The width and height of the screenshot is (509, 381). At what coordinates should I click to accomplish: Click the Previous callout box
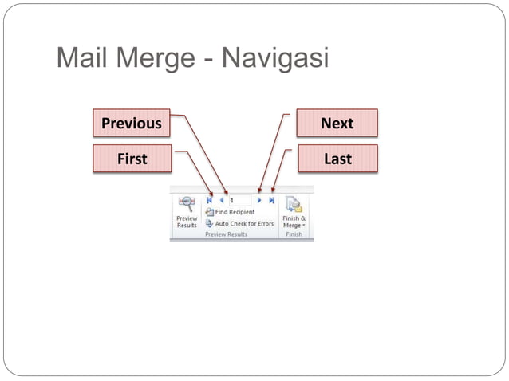[x=131, y=124]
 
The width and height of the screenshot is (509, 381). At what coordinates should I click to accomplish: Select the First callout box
[x=132, y=159]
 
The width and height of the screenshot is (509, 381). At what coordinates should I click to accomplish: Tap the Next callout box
[x=337, y=124]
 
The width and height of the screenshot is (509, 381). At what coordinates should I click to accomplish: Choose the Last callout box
[x=337, y=159]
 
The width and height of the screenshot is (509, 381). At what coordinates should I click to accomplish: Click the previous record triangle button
[x=221, y=201]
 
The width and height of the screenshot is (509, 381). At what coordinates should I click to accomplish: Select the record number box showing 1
[x=239, y=201]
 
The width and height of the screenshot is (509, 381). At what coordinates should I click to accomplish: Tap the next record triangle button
[x=259, y=201]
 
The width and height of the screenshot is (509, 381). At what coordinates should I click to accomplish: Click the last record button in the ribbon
[x=272, y=201]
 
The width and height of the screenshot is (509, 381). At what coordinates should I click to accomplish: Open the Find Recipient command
[x=235, y=212]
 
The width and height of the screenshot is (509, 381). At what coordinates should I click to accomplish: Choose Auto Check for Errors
[x=244, y=223]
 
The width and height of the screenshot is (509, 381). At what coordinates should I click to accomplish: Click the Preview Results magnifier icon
[x=187, y=203]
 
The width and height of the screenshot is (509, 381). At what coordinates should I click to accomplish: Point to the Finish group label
[x=294, y=234]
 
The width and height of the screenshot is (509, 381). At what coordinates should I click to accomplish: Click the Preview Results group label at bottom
[x=226, y=234]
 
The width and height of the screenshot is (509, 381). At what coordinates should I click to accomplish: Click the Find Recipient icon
[x=209, y=212]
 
